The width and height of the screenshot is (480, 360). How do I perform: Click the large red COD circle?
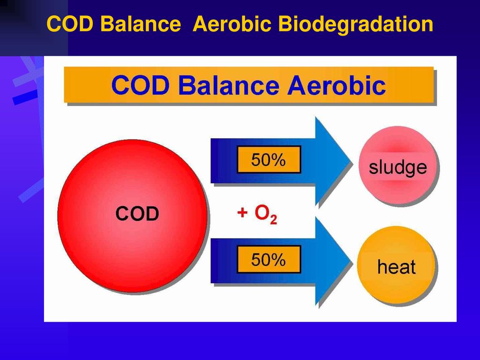coord(133,216)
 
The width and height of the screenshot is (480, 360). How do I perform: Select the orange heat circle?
coord(396,265)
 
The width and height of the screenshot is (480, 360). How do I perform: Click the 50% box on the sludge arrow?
coord(269,159)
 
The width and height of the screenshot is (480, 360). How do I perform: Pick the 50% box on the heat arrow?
coord(269,259)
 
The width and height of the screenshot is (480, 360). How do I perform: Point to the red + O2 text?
coord(257,214)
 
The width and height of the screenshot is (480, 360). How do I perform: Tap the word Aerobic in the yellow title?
coord(232,24)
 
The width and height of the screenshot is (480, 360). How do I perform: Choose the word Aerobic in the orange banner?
coord(336,85)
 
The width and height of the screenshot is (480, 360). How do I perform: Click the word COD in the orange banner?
coord(140,85)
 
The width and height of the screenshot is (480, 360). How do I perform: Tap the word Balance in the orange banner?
coord(228,85)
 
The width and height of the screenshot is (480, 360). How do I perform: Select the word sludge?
coord(397,167)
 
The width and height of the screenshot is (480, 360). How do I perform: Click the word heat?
coord(397,267)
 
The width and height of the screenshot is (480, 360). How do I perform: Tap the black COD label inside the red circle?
coord(137,213)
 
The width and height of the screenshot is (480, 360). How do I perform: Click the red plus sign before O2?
coord(242,212)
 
